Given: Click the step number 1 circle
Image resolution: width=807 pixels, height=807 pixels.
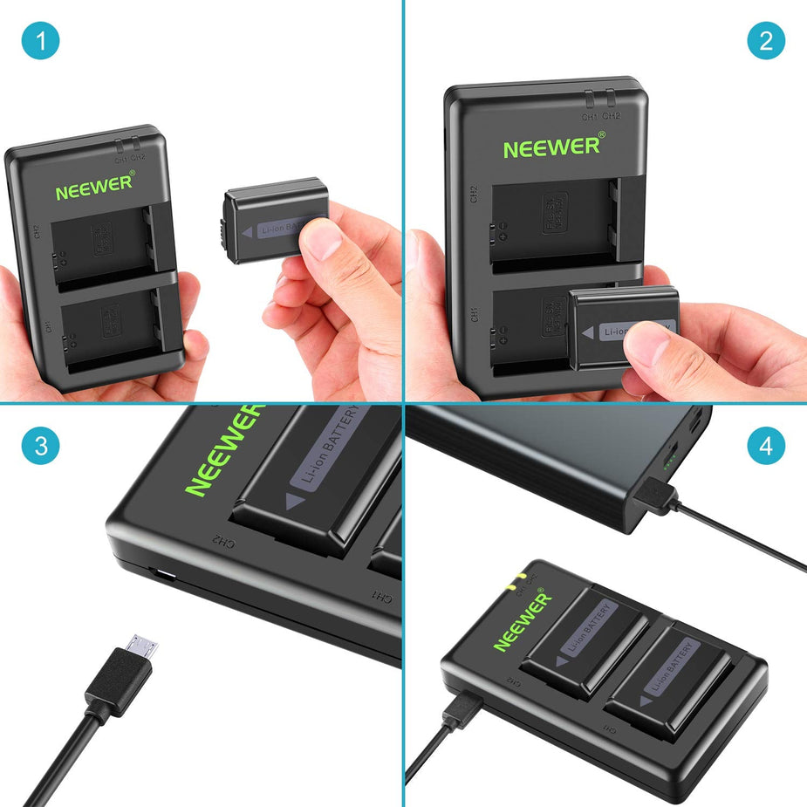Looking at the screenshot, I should click(x=40, y=41).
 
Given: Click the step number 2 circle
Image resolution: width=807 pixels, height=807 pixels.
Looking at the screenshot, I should click(x=766, y=41).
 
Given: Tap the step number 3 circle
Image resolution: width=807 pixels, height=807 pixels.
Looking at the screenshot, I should click(x=40, y=447).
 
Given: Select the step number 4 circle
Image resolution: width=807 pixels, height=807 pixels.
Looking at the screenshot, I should click(x=766, y=447).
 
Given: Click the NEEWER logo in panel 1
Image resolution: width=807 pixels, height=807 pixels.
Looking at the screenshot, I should click(x=94, y=187).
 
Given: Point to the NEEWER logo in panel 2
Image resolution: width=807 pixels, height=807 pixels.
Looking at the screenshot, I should click(x=551, y=147).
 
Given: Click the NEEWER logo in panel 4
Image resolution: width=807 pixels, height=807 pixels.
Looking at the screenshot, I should click(x=523, y=621).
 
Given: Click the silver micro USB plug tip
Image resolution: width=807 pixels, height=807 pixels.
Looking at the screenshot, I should click(x=141, y=647).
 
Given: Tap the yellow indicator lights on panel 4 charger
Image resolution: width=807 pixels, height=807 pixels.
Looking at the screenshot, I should click(x=518, y=578).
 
